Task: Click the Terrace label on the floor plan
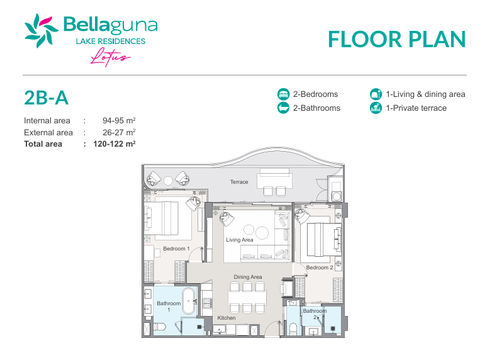click(239, 182)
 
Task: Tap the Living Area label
click(240, 240)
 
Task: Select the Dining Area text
click(248, 277)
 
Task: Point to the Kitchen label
click(227, 318)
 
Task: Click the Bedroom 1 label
click(176, 249)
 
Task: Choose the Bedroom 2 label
click(320, 267)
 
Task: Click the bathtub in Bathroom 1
click(189, 301)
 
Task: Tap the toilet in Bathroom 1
click(159, 327)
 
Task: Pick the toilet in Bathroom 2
click(293, 329)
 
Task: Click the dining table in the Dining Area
click(247, 298)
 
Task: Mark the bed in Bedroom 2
click(322, 240)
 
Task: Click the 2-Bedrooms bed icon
click(283, 94)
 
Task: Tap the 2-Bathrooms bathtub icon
click(283, 108)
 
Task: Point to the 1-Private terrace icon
click(376, 108)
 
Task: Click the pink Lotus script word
click(110, 57)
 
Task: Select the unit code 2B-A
click(47, 98)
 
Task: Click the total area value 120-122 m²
click(115, 144)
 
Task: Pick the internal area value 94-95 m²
click(119, 120)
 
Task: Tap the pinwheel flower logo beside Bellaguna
click(42, 30)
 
